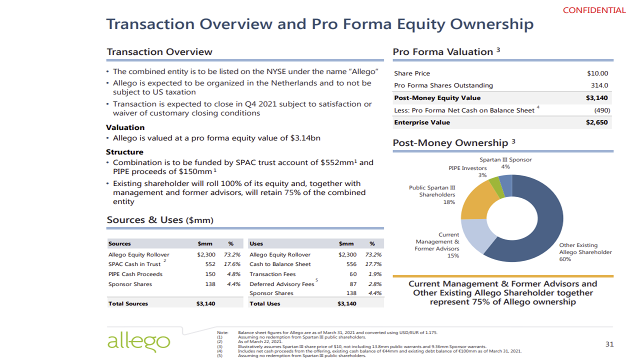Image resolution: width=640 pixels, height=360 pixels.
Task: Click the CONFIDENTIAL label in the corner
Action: (594, 10)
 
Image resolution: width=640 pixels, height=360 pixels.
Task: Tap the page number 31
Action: (609, 344)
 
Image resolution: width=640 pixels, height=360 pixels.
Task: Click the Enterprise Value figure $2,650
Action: (597, 122)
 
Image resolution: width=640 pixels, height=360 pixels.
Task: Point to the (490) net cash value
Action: (601, 110)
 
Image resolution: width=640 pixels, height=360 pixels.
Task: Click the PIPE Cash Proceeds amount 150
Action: (210, 274)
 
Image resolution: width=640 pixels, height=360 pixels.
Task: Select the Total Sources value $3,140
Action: (206, 303)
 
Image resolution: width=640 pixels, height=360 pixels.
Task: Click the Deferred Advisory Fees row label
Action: (281, 284)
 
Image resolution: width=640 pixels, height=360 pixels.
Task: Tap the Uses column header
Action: (256, 244)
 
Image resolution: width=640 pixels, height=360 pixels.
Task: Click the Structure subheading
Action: (124, 152)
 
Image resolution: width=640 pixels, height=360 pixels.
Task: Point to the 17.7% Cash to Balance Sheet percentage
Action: (373, 264)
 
